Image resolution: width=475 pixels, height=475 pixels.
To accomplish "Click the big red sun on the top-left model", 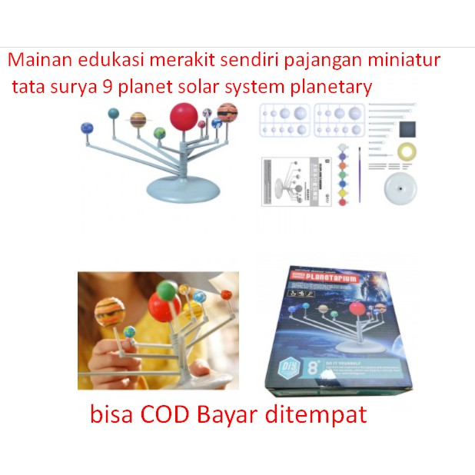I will click(x=184, y=118).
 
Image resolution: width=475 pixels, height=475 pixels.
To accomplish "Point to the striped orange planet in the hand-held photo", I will click(x=111, y=312).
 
